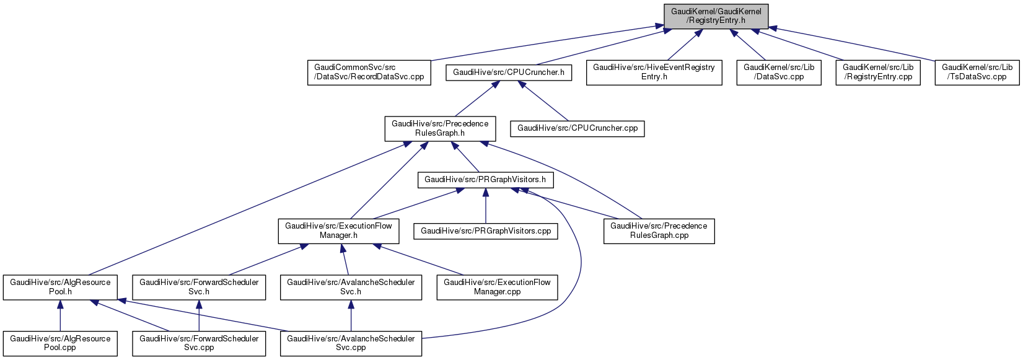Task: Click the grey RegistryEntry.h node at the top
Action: click(x=716, y=16)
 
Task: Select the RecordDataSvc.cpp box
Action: click(x=369, y=72)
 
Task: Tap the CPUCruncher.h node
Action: click(x=509, y=72)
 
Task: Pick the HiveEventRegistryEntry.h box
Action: click(x=654, y=72)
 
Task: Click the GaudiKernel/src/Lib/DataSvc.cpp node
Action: click(x=779, y=72)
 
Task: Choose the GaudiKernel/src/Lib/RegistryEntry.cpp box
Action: click(x=877, y=72)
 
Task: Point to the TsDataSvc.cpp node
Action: click(x=977, y=72)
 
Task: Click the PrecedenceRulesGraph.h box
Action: click(x=440, y=128)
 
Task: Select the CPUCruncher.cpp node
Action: click(x=577, y=128)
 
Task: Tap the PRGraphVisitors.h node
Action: click(x=485, y=180)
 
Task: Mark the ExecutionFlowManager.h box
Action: click(x=338, y=230)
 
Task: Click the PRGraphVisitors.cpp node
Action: click(x=486, y=231)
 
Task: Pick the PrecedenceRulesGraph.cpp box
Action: click(x=659, y=230)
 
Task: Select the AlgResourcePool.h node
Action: click(x=60, y=287)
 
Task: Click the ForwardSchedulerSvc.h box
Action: click(x=199, y=287)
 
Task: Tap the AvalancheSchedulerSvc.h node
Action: click(x=351, y=287)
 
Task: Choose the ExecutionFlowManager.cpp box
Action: click(x=497, y=287)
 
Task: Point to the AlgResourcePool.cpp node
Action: click(x=60, y=343)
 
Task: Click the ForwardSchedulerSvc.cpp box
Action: click(x=199, y=343)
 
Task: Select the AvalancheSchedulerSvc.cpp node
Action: click(x=351, y=343)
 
